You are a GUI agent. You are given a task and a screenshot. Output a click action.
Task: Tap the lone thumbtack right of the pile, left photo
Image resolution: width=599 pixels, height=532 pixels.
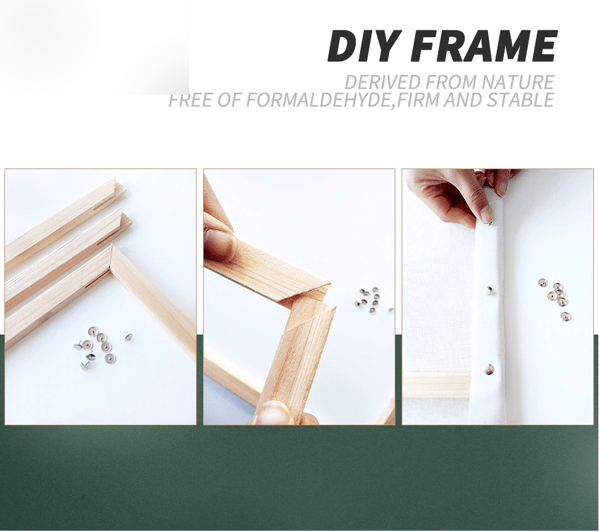click(129, 336)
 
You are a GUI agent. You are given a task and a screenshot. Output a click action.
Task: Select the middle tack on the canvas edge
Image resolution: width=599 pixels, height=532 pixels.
click(489, 290)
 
